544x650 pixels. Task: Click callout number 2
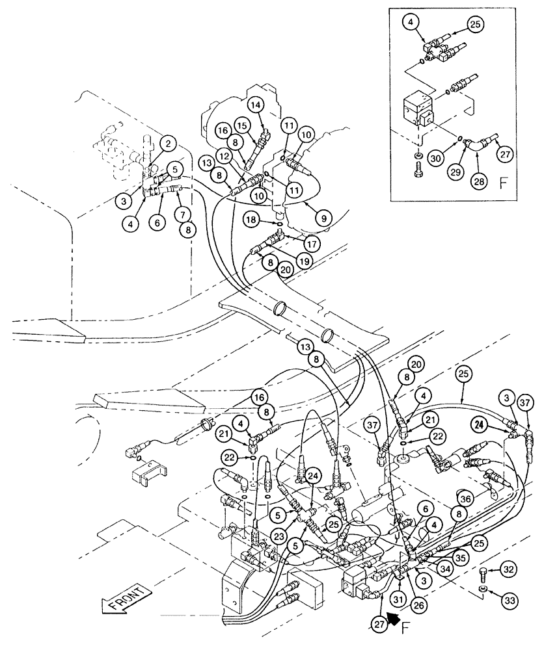click(167, 144)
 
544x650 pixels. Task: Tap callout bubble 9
click(321, 219)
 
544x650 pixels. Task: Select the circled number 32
click(509, 569)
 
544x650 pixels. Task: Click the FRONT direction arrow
click(126, 602)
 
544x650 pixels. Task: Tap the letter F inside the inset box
click(502, 183)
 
